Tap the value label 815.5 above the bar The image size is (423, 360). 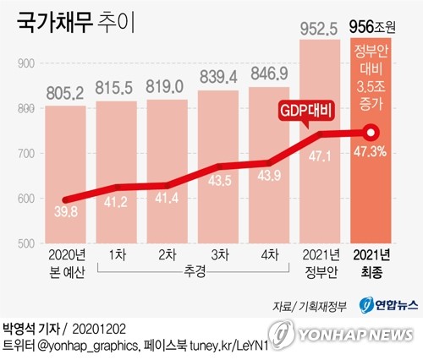116,87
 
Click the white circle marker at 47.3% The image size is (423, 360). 371,133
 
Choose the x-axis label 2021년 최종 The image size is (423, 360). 372,262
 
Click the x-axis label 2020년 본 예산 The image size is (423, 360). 64,262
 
